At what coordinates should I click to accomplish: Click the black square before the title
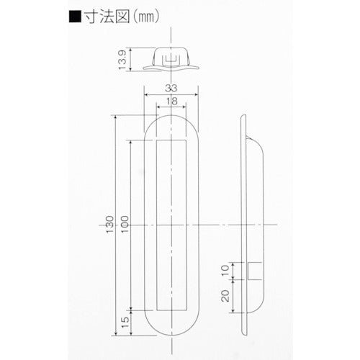(75, 17)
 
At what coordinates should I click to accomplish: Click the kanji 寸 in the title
(91, 17)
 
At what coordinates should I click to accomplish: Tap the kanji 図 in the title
(122, 17)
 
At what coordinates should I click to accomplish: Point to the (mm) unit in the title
(145, 17)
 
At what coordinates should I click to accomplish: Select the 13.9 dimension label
(122, 60)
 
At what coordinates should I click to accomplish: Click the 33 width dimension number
(171, 89)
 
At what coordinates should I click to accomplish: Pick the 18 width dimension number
(171, 101)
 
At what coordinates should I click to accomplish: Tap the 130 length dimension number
(109, 225)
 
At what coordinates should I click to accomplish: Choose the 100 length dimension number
(125, 225)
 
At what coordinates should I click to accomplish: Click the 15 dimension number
(125, 323)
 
